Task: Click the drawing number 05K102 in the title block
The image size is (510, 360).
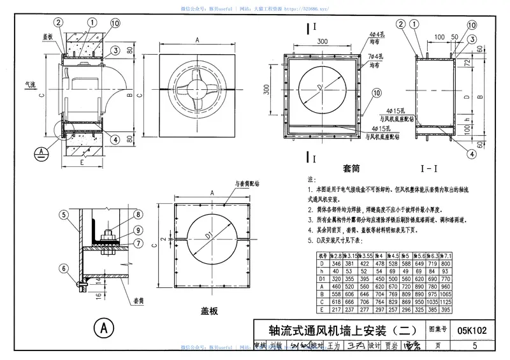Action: [472, 330]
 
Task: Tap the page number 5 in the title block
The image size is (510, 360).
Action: [475, 346]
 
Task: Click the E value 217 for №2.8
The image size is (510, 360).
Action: [334, 310]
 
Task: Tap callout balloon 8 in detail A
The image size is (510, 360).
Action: [138, 215]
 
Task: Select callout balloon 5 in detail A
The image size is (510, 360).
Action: [64, 215]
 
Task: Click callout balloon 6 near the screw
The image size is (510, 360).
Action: [64, 269]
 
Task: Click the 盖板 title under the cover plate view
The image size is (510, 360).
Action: [209, 312]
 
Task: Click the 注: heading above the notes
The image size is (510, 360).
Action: [312, 180]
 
